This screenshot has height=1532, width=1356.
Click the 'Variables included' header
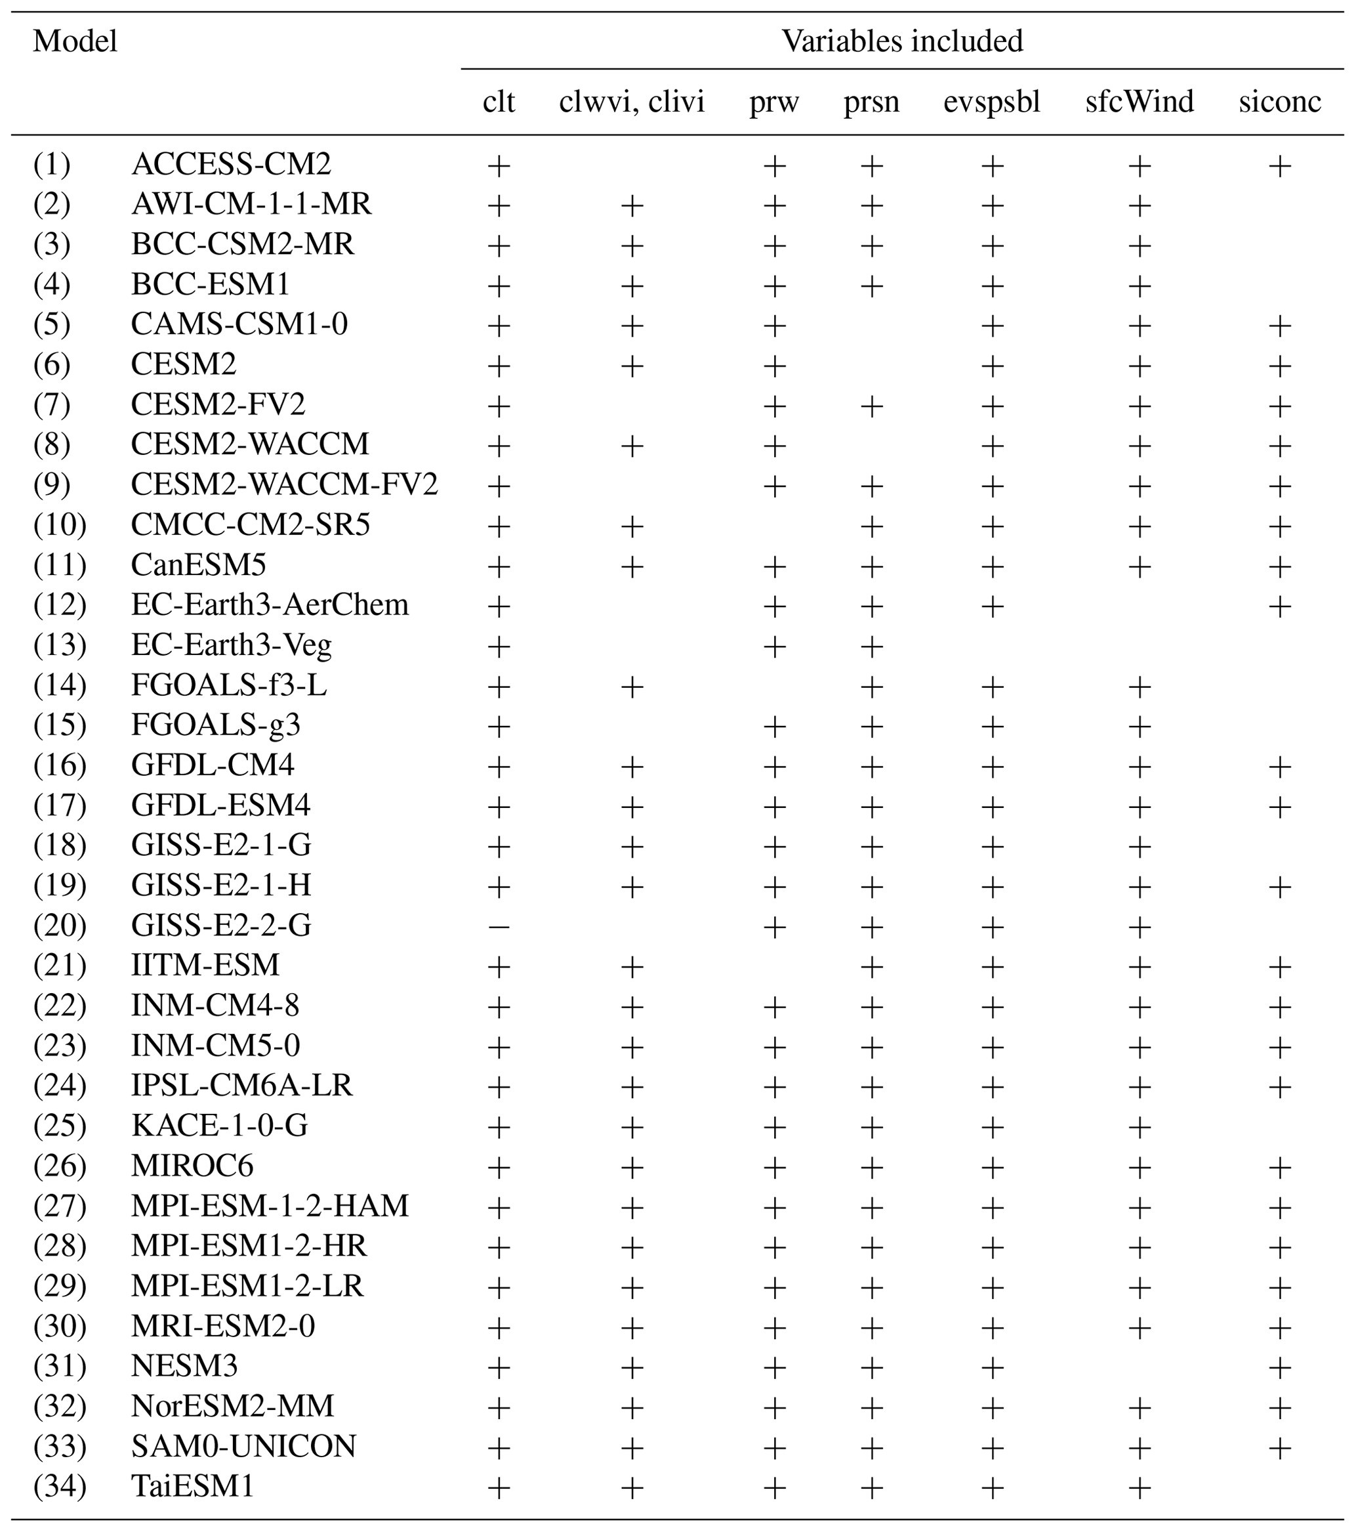[902, 41]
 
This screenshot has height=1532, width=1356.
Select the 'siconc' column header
[1280, 102]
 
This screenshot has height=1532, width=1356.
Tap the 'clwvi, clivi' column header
[632, 102]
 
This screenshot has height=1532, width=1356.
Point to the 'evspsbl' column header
[992, 102]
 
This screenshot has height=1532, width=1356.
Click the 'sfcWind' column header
[1140, 102]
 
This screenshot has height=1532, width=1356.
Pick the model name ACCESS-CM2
[231, 164]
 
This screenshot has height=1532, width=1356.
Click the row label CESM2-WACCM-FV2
[284, 485]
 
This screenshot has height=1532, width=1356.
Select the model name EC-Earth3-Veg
[231, 645]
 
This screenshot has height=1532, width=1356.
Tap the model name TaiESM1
[192, 1486]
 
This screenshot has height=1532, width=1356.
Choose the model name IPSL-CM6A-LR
[241, 1085]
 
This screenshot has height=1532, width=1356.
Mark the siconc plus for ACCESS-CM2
[1280, 165]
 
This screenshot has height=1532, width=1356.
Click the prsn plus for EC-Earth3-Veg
[871, 646]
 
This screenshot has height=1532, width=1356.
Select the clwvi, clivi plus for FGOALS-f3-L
[632, 687]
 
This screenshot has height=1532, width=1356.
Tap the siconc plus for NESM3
[1280, 1368]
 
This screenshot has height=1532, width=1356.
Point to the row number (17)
[60, 806]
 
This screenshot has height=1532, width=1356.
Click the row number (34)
[60, 1486]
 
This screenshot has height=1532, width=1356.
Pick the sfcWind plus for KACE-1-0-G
[1140, 1127]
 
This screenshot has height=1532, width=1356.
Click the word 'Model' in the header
[75, 41]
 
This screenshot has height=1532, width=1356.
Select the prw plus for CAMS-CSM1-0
[775, 326]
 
